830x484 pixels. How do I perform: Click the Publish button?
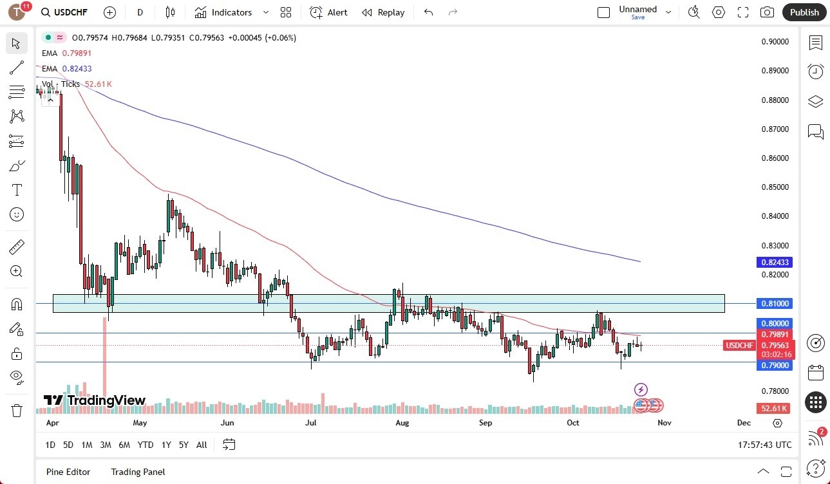coord(804,12)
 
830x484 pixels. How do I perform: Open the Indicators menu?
coord(231,12)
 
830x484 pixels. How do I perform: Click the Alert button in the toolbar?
coord(328,12)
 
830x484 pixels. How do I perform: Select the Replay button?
coord(383,12)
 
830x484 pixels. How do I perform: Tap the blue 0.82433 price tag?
coord(775,263)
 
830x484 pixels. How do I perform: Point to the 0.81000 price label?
coord(775,303)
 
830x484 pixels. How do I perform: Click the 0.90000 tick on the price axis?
coord(775,42)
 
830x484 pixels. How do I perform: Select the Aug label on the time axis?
coord(402,423)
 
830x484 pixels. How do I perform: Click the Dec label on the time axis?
coord(744,423)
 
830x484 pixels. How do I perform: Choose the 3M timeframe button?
coord(105,445)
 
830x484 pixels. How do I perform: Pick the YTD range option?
coord(146,445)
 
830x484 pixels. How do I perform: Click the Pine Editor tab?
coord(68,472)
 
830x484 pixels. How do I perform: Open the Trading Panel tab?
coord(138,472)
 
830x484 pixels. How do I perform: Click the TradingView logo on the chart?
coord(95,401)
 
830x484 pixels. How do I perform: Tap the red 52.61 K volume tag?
coord(773,409)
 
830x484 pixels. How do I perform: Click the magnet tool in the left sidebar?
coord(17,304)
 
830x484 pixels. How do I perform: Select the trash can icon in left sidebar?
coord(17,410)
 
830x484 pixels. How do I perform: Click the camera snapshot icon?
coord(767,12)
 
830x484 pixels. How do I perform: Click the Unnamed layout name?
coord(637,9)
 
